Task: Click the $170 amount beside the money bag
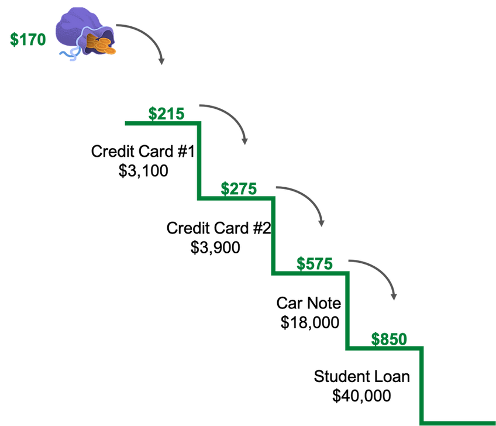point(28,40)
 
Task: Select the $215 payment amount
point(166,114)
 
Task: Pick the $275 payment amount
point(239,188)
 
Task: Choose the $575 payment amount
point(315,264)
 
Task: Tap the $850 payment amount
point(389,339)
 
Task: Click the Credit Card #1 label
point(143,151)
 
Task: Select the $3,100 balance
point(143,171)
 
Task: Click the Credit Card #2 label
point(219,228)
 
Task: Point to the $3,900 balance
point(215,247)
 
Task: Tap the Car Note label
point(309,303)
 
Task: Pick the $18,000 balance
point(310,322)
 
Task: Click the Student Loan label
point(362,376)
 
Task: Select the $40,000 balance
point(362,396)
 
